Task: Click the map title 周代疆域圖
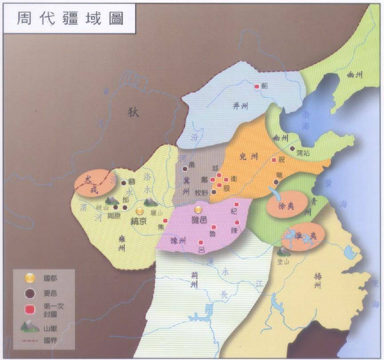pos(70,19)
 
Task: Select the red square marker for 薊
pos(257,87)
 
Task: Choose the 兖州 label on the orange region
pos(248,158)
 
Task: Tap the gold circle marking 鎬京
pos(140,211)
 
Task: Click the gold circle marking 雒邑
pos(198,209)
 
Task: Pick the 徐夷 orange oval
pos(287,204)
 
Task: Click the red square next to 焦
pos(165,221)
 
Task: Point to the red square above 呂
pos(201,243)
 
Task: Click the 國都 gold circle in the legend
pos(29,278)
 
